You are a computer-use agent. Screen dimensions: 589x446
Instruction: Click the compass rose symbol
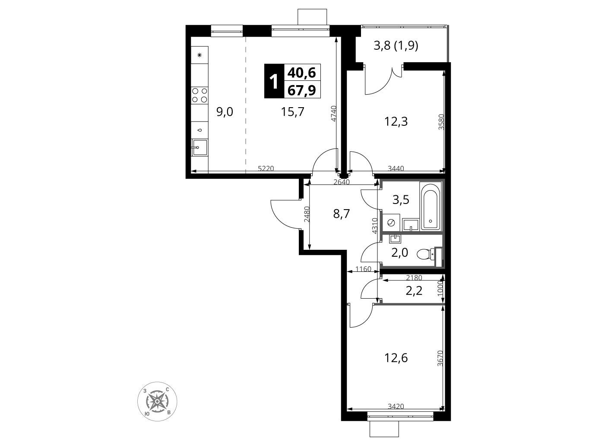157,401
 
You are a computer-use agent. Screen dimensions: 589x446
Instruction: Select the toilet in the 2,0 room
429,253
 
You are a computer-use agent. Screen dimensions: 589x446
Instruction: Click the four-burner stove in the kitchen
199,95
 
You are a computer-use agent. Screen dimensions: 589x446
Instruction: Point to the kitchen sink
199,147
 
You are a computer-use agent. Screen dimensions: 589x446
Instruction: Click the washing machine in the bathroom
391,223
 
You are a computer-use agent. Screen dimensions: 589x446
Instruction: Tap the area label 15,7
292,111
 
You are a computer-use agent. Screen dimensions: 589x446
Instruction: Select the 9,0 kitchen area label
225,111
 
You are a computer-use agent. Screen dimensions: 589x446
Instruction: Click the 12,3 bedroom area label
396,121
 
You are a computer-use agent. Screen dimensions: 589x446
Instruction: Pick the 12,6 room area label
396,358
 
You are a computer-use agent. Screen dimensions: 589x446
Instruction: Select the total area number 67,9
301,90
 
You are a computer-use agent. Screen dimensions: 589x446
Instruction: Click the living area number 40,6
301,73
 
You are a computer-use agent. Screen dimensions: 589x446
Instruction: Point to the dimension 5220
266,169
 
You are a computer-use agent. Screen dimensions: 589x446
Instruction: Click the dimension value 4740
333,114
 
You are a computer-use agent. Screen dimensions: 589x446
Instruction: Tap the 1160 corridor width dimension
363,268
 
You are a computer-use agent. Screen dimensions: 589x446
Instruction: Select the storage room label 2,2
414,290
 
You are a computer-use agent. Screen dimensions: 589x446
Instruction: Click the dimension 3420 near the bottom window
396,406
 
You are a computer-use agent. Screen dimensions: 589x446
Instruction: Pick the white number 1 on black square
273,82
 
